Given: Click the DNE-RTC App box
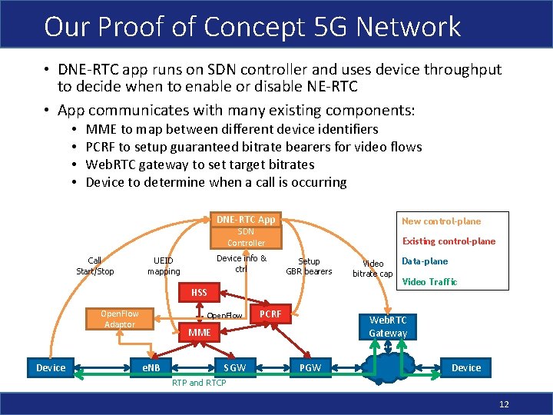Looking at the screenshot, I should pyautogui.click(x=245, y=219).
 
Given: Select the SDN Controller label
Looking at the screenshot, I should pyautogui.click(x=245, y=237).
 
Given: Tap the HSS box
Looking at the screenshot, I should pyautogui.click(x=199, y=293).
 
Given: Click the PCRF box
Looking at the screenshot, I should pyautogui.click(x=270, y=314).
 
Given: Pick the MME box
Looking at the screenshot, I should pyautogui.click(x=199, y=333).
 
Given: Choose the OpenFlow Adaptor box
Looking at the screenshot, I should pyautogui.click(x=119, y=318).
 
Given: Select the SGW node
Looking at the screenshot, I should pyautogui.click(x=235, y=367).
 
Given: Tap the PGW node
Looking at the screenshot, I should pyautogui.click(x=310, y=367).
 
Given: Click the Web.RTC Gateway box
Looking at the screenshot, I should pyautogui.click(x=388, y=326).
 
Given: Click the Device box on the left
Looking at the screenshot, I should pyautogui.click(x=51, y=367).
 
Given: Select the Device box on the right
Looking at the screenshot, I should pyautogui.click(x=466, y=367).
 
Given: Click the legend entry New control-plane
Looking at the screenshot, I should pyautogui.click(x=441, y=221).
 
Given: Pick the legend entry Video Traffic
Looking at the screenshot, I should pyautogui.click(x=429, y=282).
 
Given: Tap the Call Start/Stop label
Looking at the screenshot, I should pyautogui.click(x=95, y=266).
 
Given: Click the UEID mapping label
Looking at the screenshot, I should pyautogui.click(x=164, y=266).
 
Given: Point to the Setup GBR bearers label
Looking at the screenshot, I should pyautogui.click(x=309, y=266).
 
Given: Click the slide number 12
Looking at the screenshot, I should pyautogui.click(x=504, y=405).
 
